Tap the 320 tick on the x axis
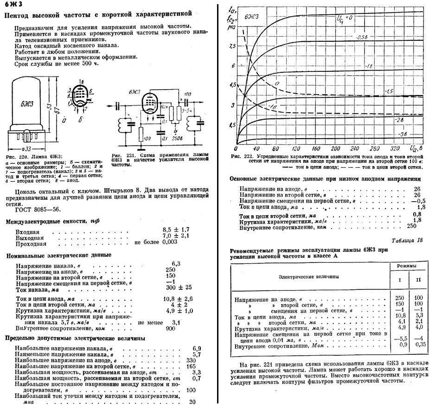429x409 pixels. [394, 149]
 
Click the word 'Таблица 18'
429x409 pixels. [407, 240]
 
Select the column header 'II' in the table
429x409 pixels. [419, 280]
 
